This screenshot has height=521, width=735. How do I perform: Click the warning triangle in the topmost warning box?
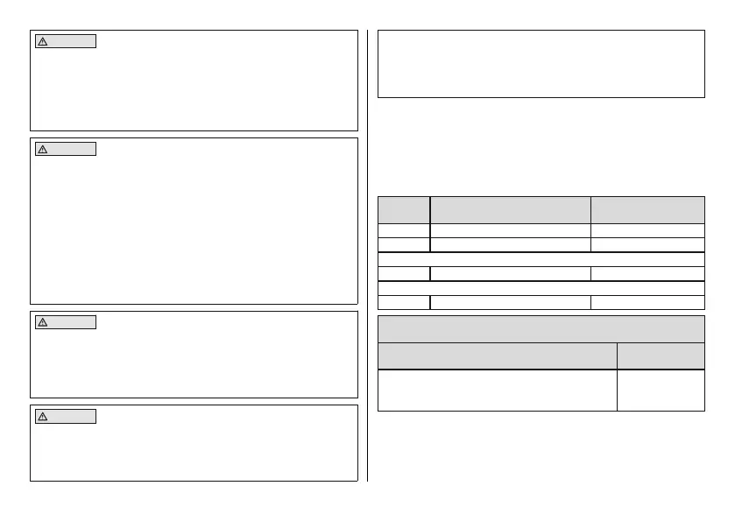coord(42,41)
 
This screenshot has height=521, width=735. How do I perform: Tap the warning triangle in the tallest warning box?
coord(42,149)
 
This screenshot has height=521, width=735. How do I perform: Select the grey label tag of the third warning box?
coord(65,322)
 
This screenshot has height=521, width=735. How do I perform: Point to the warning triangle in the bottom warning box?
coord(42,416)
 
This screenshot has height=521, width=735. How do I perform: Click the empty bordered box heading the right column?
coord(541,64)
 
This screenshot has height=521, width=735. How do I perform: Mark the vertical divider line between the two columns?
coord(368,254)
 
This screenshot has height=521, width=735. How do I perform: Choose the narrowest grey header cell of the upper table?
coord(404,210)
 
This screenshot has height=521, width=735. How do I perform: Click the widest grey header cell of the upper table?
coord(511,210)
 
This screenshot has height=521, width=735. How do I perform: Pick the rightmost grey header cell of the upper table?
coord(647,210)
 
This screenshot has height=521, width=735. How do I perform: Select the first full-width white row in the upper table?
coord(541,259)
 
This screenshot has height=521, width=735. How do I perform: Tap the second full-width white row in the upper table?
coord(541,288)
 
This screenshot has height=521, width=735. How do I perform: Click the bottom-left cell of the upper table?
coord(404,302)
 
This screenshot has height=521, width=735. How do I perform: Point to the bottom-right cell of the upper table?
coord(647,302)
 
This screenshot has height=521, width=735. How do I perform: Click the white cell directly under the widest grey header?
coord(511,230)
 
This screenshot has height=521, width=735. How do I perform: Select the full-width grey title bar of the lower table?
coord(541,328)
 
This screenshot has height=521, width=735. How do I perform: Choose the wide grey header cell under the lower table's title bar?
coord(497,356)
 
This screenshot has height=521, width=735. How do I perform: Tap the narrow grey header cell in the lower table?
coord(661,356)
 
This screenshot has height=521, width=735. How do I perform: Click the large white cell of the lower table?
coord(497,390)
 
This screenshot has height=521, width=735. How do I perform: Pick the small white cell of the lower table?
coord(661,390)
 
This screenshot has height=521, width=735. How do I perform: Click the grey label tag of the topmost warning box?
coord(65,41)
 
